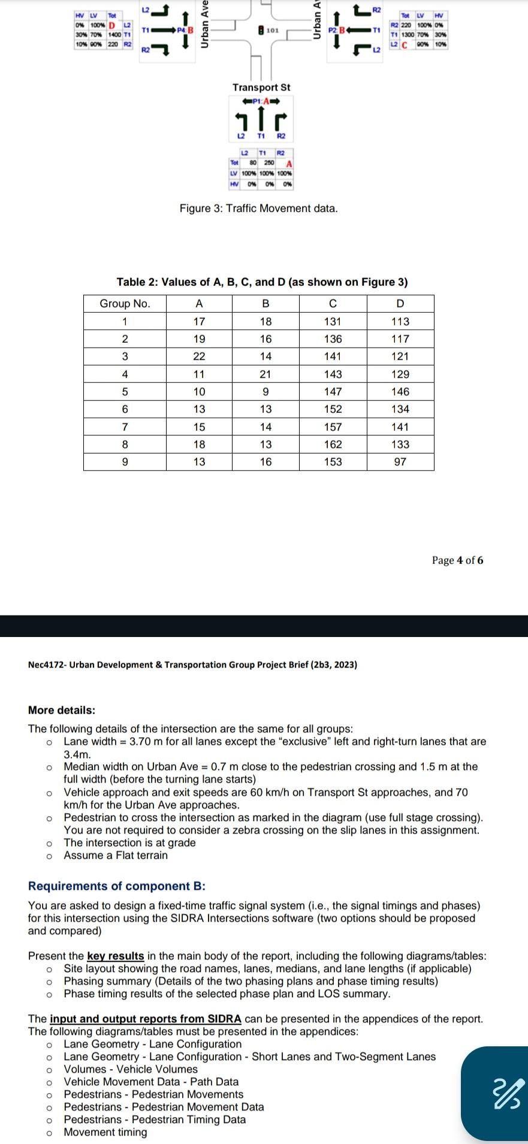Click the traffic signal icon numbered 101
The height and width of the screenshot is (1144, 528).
tap(261, 29)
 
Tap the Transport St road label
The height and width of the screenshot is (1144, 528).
tap(261, 87)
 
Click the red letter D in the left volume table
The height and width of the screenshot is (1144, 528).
tap(111, 25)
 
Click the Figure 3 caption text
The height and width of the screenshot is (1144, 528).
tap(258, 209)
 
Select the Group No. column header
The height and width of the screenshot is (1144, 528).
tap(125, 303)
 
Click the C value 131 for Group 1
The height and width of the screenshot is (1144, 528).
tap(333, 321)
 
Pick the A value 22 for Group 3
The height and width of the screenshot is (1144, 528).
tap(199, 357)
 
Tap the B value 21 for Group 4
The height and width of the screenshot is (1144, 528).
tap(265, 374)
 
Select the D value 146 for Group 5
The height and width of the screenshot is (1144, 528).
tap(400, 391)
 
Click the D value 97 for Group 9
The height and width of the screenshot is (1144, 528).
tap(400, 461)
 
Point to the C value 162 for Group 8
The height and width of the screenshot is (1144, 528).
tap(333, 444)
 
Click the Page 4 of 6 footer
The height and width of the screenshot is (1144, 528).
tap(457, 560)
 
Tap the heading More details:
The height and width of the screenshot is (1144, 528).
tap(62, 710)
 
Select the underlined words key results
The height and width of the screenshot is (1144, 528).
tap(116, 956)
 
